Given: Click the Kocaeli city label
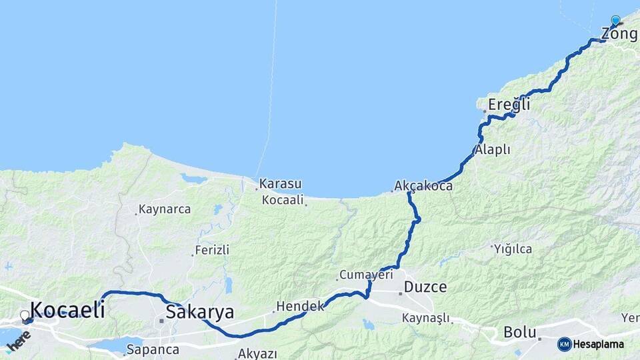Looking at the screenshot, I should pyautogui.click(x=67, y=309).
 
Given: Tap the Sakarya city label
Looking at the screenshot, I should pyautogui.click(x=200, y=311).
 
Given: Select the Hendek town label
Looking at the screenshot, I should pyautogui.click(x=300, y=306).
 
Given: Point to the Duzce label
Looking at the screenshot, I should pyautogui.click(x=425, y=287).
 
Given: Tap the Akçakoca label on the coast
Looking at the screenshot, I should pyautogui.click(x=423, y=185).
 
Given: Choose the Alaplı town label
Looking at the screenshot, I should pyautogui.click(x=493, y=150).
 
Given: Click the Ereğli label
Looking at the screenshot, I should pyautogui.click(x=509, y=104).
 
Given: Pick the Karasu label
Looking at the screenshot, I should pyautogui.click(x=281, y=183).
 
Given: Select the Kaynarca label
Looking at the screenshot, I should pyautogui.click(x=165, y=209).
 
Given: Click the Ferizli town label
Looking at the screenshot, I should pyautogui.click(x=212, y=250).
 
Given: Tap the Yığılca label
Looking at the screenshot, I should pyautogui.click(x=513, y=249).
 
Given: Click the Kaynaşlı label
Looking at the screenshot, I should pyautogui.click(x=427, y=318).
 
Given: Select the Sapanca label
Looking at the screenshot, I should pyautogui.click(x=153, y=349).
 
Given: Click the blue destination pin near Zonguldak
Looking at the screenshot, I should pyautogui.click(x=615, y=21).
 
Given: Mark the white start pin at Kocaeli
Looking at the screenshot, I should pyautogui.click(x=25, y=315).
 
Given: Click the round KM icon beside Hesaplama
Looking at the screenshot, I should pyautogui.click(x=564, y=344).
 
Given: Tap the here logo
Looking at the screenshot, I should pyautogui.click(x=18, y=341).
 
